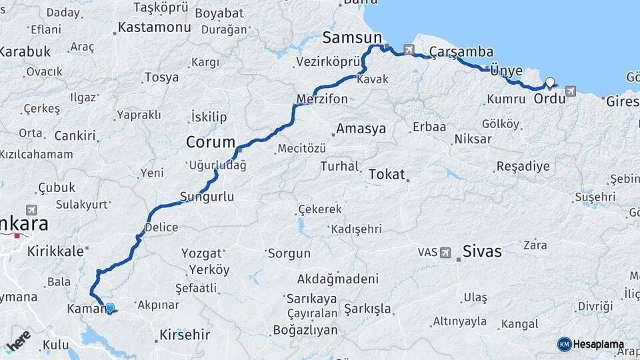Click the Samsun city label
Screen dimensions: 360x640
coord(353,37)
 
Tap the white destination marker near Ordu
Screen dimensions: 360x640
coord(550,83)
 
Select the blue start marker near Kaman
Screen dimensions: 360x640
coord(110,308)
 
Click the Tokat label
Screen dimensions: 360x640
coord(387,175)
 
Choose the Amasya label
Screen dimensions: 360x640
coord(361,129)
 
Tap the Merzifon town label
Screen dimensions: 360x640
coord(322,99)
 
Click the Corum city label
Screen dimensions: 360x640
coord(211,142)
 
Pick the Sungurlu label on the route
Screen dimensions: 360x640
coord(207,197)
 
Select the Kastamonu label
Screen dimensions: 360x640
coord(153,28)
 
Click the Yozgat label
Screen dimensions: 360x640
coord(201,253)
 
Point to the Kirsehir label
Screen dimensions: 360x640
coord(185,335)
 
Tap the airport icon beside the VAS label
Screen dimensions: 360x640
coord(445,253)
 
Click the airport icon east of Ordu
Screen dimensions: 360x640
coord(571,91)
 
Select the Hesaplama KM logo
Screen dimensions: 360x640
coord(591,344)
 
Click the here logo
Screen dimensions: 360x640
coord(19,342)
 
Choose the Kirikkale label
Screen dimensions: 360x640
coord(56,251)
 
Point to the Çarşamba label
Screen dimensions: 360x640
coord(461,52)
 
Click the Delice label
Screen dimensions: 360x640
coord(161,227)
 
